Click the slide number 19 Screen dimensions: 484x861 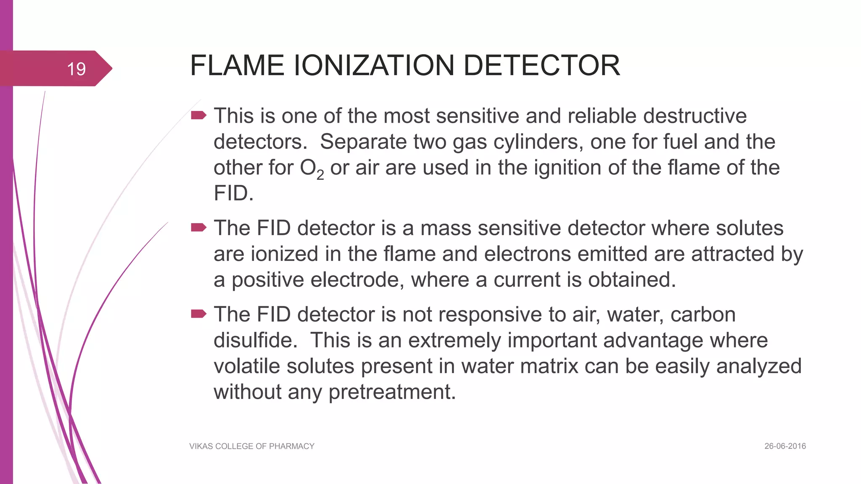(x=76, y=69)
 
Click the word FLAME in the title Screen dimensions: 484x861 (x=237, y=66)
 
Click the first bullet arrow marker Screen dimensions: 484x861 (x=198, y=115)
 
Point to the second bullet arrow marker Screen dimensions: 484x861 (x=198, y=228)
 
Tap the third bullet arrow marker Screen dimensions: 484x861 (x=198, y=314)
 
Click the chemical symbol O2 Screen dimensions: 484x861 (x=312, y=168)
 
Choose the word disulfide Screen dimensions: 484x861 (x=255, y=340)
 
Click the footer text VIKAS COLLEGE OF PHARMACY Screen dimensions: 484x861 (x=252, y=446)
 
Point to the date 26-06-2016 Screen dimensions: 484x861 (x=785, y=446)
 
